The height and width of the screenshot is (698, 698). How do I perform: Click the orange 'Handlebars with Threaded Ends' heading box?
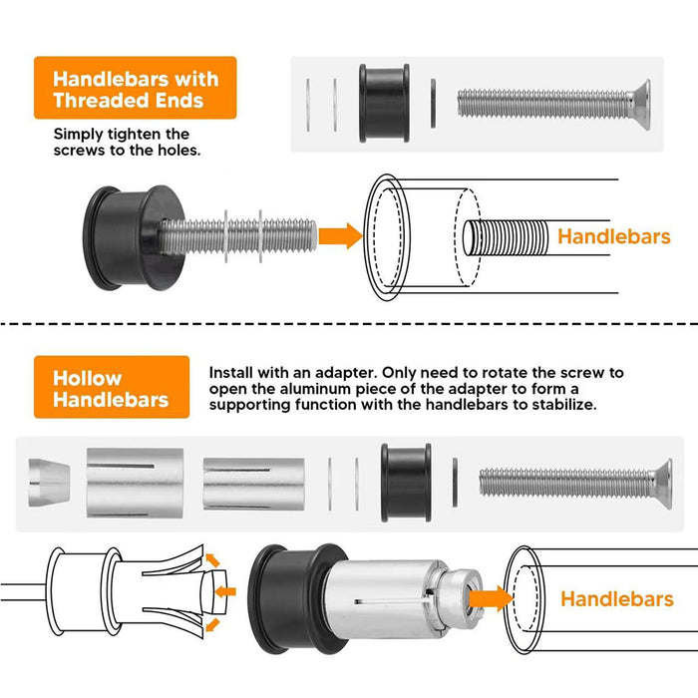click(136, 88)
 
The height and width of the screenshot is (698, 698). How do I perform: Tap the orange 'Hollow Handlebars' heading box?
click(112, 387)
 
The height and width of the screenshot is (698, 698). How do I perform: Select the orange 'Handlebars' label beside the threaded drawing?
click(614, 236)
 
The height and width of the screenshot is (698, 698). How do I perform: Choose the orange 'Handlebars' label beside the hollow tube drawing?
click(617, 598)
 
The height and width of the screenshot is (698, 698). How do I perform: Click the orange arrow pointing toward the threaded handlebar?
click(341, 236)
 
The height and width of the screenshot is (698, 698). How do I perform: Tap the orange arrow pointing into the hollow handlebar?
click(491, 598)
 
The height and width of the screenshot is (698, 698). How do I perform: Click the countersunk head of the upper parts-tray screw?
click(640, 105)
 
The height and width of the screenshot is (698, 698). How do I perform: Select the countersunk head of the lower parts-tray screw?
click(662, 484)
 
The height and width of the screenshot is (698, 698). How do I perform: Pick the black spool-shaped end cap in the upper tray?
click(384, 104)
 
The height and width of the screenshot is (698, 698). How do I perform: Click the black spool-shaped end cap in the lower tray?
click(406, 483)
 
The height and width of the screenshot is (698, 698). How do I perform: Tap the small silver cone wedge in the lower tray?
click(49, 483)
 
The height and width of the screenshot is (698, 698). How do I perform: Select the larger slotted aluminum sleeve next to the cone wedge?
click(135, 483)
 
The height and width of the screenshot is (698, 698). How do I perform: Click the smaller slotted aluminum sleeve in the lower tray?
click(253, 484)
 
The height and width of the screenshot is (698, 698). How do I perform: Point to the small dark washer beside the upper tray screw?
click(433, 104)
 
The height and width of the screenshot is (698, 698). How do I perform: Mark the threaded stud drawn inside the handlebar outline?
click(506, 237)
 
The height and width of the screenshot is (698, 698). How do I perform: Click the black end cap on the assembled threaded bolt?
click(134, 237)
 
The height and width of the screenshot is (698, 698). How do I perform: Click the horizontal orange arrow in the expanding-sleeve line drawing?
click(225, 591)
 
